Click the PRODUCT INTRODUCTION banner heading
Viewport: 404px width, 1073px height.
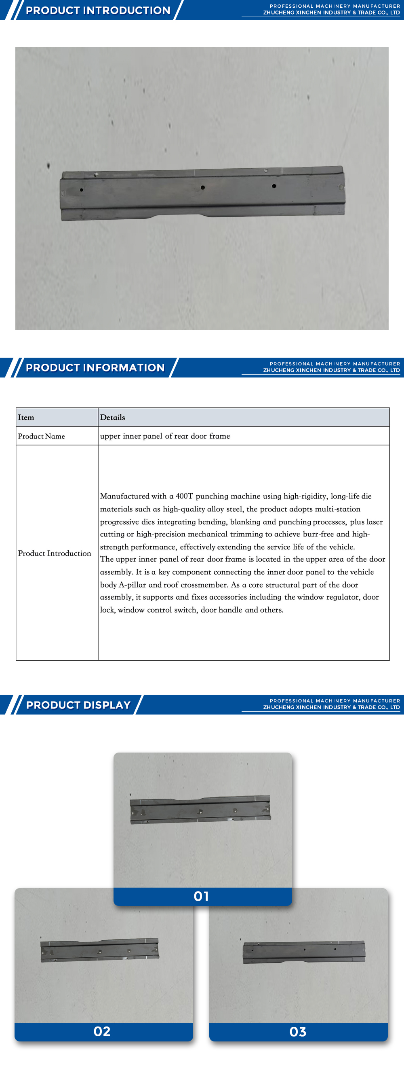[98, 11]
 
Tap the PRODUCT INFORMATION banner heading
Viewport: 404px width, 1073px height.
[95, 367]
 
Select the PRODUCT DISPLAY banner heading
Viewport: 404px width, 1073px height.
[78, 705]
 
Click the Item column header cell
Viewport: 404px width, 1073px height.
[26, 418]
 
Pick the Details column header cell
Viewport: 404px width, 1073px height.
[112, 418]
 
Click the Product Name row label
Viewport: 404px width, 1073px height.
[41, 436]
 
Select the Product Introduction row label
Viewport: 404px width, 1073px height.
[54, 553]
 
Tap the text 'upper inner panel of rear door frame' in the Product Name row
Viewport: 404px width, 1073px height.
[165, 436]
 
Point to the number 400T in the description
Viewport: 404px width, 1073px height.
[184, 496]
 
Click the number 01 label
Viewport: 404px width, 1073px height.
[202, 896]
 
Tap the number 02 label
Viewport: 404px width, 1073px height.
[102, 1031]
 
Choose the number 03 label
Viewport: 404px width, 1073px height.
[298, 1032]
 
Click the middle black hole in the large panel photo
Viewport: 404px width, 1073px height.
[203, 187]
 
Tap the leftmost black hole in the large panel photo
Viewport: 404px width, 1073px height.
[82, 190]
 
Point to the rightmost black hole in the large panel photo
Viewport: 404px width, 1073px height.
[274, 186]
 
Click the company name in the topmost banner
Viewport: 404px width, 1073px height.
[331, 13]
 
